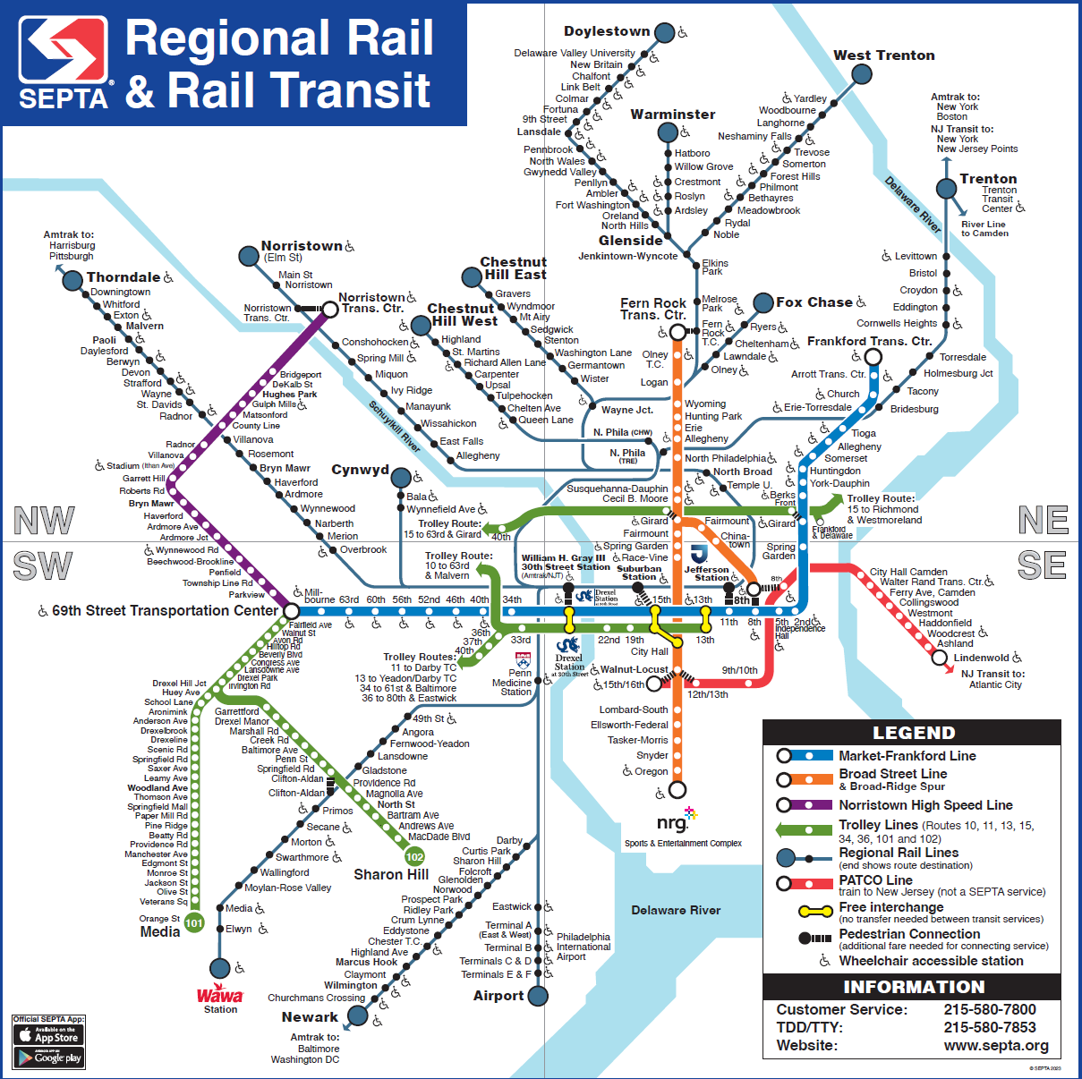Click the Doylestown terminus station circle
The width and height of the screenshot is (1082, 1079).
click(x=664, y=33)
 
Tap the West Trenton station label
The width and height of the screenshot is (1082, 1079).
click(x=883, y=55)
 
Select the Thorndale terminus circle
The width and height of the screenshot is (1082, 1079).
click(x=72, y=280)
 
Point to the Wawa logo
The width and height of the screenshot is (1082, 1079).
click(x=220, y=995)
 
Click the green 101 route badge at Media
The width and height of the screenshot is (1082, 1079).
click(x=194, y=922)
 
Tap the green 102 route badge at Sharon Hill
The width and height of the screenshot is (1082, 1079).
click(x=414, y=856)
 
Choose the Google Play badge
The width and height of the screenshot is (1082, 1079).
click(x=48, y=1058)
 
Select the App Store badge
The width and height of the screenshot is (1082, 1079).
click(x=48, y=1035)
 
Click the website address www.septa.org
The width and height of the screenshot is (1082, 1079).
click(x=995, y=1045)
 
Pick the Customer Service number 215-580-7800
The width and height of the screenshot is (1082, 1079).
click(x=989, y=1009)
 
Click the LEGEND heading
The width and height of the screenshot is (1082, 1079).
click(x=913, y=733)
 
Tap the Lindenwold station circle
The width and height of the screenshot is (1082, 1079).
click(x=939, y=658)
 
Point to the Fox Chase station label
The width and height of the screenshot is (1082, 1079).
click(x=814, y=302)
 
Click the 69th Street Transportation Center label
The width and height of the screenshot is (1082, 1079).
click(x=165, y=610)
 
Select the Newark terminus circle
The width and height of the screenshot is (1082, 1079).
click(x=357, y=1015)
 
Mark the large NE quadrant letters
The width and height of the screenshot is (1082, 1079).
click(x=1043, y=520)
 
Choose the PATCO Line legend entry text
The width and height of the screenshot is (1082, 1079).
click(x=874, y=879)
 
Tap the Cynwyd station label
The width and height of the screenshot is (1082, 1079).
click(x=360, y=470)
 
